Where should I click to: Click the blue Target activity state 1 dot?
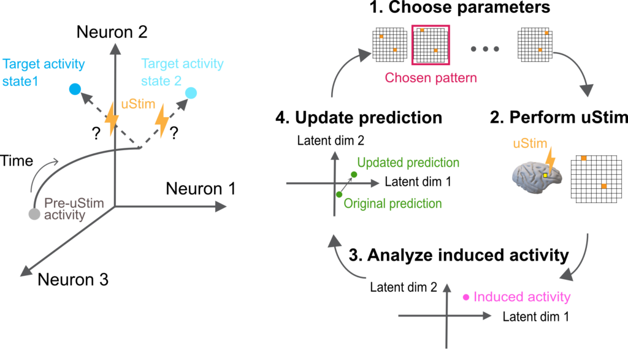click(75, 90)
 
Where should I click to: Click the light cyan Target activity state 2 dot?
click(191, 93)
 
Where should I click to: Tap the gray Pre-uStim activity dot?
click(34, 214)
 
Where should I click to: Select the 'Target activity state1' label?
click(44, 72)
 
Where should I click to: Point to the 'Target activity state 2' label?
click(182, 72)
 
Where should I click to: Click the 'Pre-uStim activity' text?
click(73, 209)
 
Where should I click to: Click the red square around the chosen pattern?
click(431, 44)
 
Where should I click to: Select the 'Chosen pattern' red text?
click(431, 79)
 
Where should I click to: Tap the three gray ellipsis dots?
click(485, 48)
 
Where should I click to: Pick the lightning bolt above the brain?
click(551, 158)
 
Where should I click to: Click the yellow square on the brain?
click(545, 175)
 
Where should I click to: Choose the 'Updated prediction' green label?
click(408, 163)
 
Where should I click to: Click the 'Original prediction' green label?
click(392, 204)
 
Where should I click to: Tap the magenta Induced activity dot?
click(465, 297)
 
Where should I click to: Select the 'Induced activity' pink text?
click(522, 297)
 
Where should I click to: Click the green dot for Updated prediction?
click(354, 175)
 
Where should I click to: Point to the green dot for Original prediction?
click(339, 194)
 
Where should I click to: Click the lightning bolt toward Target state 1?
click(111, 120)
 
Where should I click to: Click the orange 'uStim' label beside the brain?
click(530, 144)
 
